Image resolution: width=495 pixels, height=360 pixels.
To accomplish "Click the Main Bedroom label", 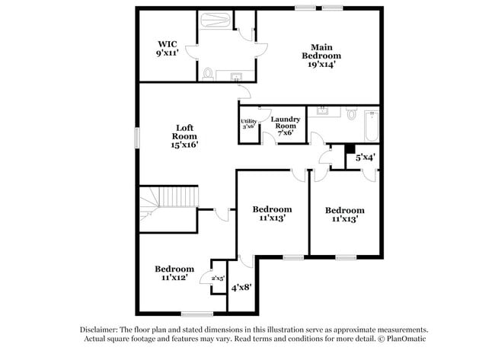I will (x=321, y=56).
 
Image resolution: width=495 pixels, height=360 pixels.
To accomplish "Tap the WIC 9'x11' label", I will (x=168, y=49).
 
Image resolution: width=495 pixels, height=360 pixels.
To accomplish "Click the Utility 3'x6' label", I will (x=248, y=124).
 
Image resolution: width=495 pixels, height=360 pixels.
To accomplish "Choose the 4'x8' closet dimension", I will (x=241, y=287).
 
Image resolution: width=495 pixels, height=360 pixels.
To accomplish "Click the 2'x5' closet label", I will (x=218, y=279).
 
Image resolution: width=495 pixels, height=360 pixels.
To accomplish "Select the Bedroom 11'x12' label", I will (x=174, y=273).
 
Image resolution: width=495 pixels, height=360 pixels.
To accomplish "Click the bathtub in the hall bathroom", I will (x=371, y=127).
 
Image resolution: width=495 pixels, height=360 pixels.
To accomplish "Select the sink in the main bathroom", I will (x=235, y=75).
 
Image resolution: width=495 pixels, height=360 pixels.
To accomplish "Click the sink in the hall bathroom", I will (x=321, y=112).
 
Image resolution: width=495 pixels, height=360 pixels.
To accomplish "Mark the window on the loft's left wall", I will (x=137, y=138).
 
